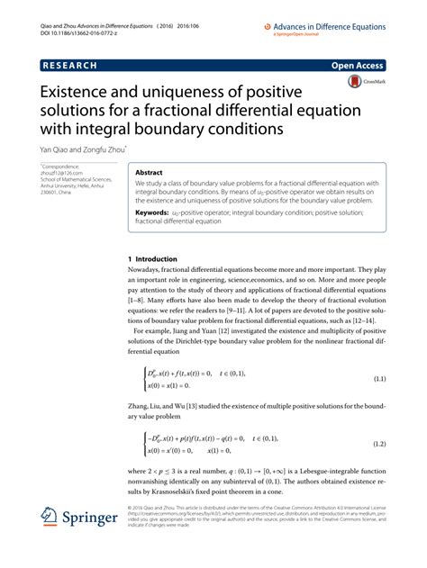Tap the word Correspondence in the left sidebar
pyautogui.click(x=63, y=168)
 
